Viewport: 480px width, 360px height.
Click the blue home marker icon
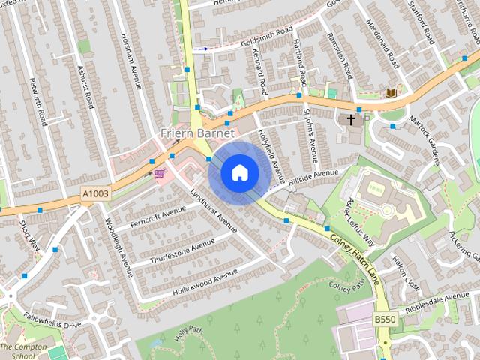tap(239, 173)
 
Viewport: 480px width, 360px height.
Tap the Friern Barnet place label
tap(197, 133)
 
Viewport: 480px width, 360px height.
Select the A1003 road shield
tap(94, 194)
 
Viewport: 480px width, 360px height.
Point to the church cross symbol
tap(351, 119)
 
